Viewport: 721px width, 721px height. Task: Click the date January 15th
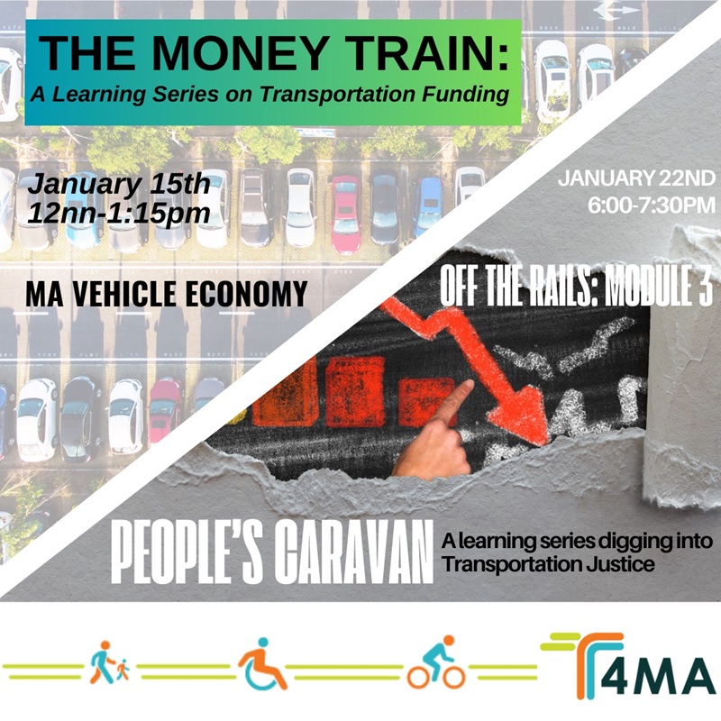[119, 185]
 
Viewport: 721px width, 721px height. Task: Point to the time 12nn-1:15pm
[119, 214]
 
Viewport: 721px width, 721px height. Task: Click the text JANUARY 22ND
[636, 178]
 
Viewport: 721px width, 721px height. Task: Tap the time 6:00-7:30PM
[651, 205]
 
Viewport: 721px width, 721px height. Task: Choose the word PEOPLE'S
[187, 552]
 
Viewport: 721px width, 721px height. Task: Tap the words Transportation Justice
[548, 564]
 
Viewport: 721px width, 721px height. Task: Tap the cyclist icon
[436, 662]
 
